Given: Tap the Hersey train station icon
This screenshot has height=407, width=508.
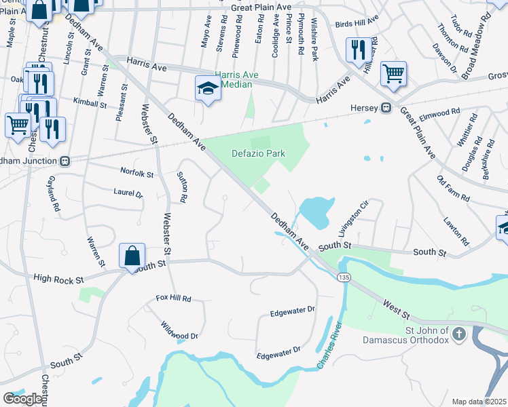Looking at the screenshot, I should pyautogui.click(x=385, y=107).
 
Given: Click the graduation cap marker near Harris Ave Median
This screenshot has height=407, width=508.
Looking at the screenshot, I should pyautogui.click(x=207, y=88).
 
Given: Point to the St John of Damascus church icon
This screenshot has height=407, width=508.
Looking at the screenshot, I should pyautogui.click(x=459, y=334).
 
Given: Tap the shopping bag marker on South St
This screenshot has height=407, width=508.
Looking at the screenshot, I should pyautogui.click(x=132, y=256).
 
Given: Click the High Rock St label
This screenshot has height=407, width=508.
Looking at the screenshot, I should pyautogui.click(x=58, y=279).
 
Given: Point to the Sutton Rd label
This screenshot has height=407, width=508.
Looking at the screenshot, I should pyautogui.click(x=182, y=187).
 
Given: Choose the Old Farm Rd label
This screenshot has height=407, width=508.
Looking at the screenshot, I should pyautogui.click(x=453, y=188).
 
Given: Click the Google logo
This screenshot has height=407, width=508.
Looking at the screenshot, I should pyautogui.click(x=23, y=399).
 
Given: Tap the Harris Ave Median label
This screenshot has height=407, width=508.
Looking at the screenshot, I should pyautogui.click(x=234, y=79).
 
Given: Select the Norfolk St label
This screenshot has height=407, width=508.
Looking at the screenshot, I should pyautogui.click(x=137, y=173).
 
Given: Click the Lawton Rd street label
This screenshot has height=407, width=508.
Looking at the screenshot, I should pyautogui.click(x=455, y=231).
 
